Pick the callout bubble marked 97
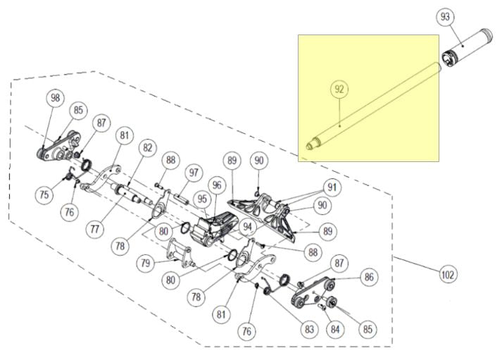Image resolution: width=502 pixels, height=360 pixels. point(194,173)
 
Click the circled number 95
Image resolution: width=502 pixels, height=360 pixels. point(202,200)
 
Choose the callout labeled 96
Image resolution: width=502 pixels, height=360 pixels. point(217,185)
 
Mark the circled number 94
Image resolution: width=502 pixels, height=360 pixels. point(247,227)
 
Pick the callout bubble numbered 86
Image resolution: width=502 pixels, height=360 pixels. point(367,277)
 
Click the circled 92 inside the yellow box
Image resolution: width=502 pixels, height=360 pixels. point(340,89)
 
